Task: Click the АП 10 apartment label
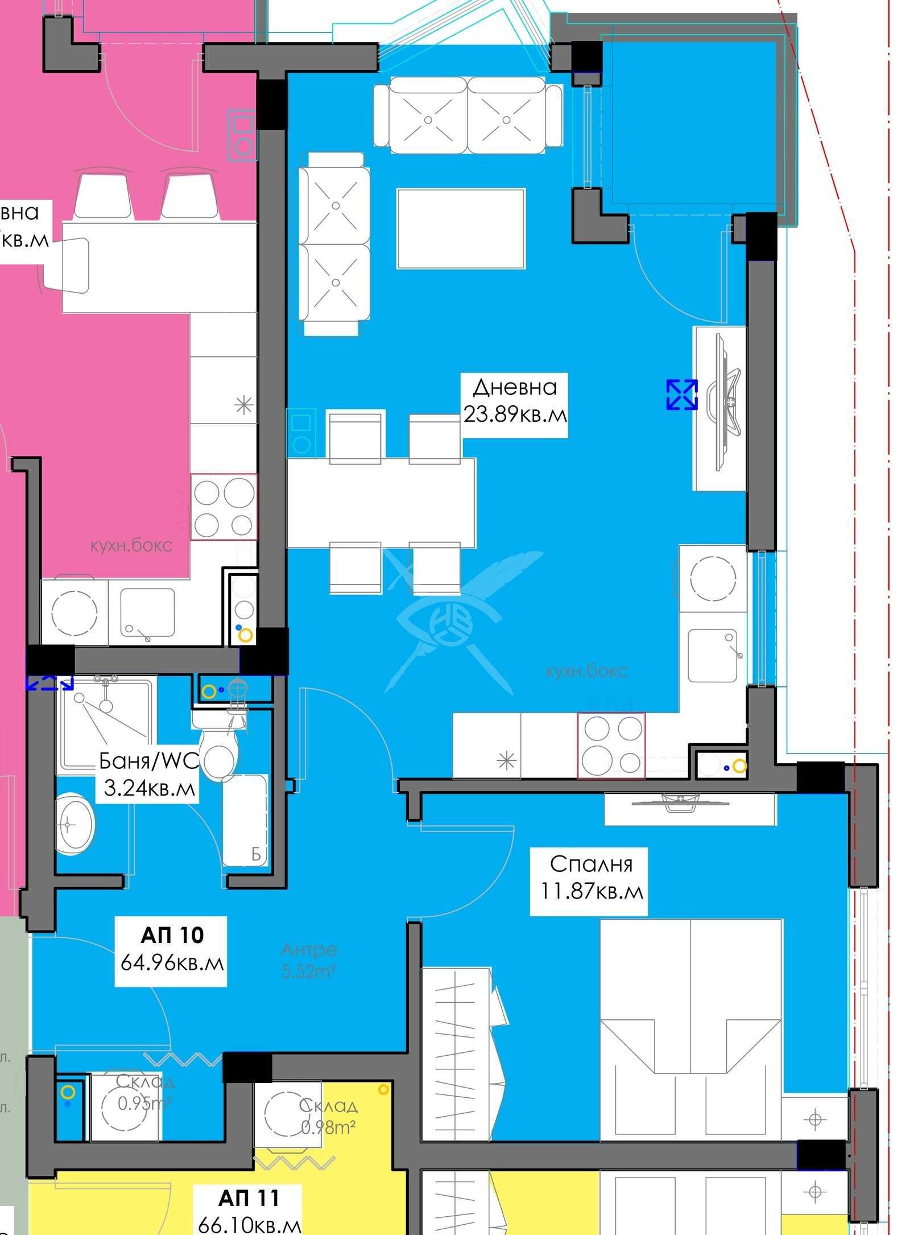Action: [x=171, y=952]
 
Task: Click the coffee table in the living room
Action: [x=461, y=229]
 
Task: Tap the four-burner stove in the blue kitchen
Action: [x=611, y=745]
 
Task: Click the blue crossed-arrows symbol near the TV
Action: [x=682, y=394]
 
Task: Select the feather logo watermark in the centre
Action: [x=449, y=620]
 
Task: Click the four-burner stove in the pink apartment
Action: [x=224, y=507]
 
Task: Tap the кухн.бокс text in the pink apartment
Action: [x=131, y=546]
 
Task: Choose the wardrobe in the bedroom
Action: [x=464, y=1053]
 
